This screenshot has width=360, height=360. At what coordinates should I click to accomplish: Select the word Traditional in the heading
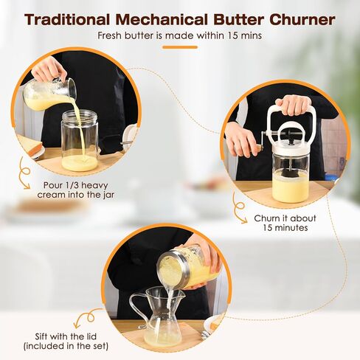click(x=72, y=19)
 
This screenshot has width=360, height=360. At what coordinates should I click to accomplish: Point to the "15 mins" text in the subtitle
click(x=240, y=35)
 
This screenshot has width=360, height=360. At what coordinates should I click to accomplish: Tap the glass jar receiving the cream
click(x=80, y=140)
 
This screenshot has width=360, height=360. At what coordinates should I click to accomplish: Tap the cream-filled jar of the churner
click(x=291, y=181)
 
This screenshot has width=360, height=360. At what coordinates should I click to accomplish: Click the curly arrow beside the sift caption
click(x=91, y=318)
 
